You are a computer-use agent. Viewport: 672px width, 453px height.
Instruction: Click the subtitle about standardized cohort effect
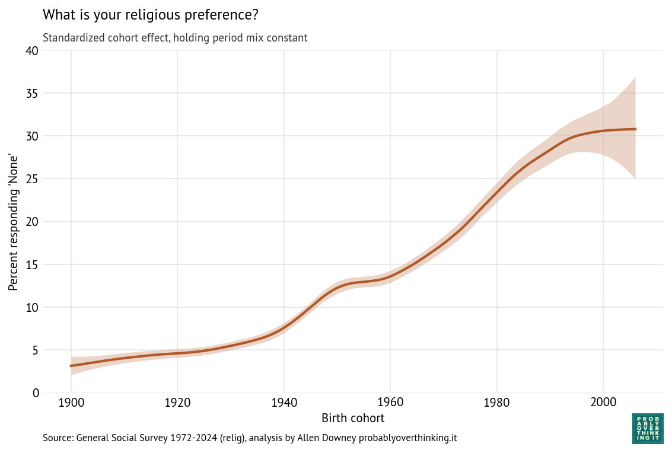click(x=175, y=38)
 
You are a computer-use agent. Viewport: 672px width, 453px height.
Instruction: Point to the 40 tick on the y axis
click(x=32, y=51)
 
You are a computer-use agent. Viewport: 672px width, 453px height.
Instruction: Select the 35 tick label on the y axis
click(x=32, y=94)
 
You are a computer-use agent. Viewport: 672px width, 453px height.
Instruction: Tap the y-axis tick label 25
click(x=32, y=179)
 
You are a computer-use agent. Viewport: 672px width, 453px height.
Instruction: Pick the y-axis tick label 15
click(x=32, y=264)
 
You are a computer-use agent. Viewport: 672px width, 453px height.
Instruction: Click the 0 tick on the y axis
click(x=36, y=393)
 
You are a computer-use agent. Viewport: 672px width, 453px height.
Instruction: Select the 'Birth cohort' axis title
click(x=353, y=418)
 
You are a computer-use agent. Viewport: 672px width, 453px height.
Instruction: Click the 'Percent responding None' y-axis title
click(x=14, y=222)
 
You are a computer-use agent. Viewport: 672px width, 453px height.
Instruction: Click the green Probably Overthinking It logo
click(x=648, y=429)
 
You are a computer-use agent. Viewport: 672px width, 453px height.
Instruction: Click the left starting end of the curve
click(x=71, y=366)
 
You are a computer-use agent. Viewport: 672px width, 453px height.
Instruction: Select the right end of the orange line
click(x=635, y=129)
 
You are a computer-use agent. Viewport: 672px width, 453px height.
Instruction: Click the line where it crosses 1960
click(x=390, y=277)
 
